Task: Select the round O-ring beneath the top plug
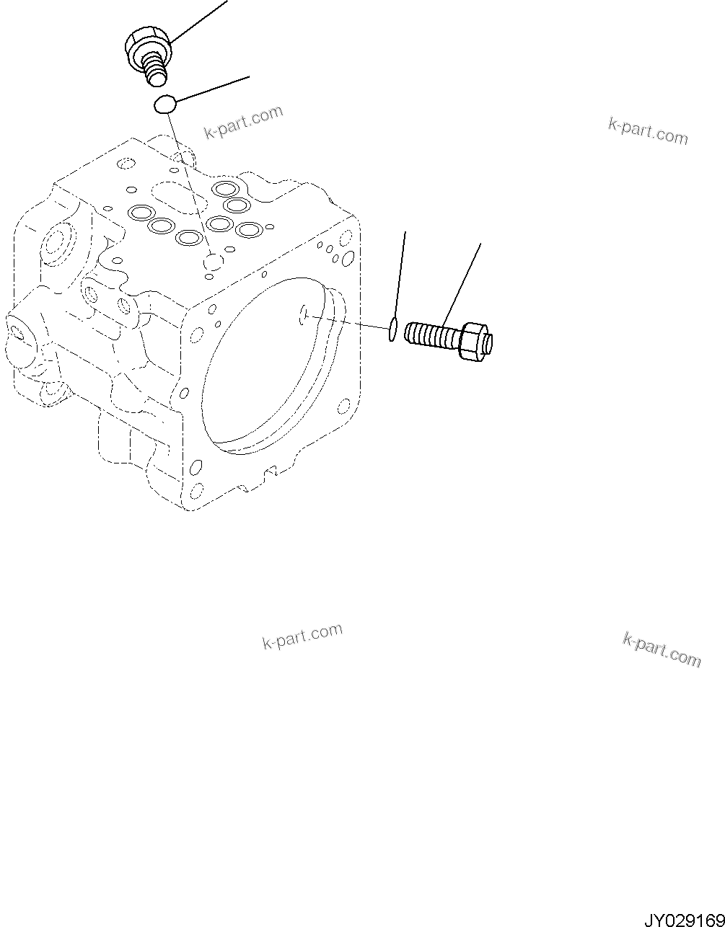point(165,105)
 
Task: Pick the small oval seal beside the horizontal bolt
point(392,329)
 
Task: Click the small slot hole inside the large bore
point(304,314)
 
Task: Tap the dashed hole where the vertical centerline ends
point(213,264)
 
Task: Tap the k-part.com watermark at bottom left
point(302,637)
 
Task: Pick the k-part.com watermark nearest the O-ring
point(244,123)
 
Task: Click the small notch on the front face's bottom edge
point(271,473)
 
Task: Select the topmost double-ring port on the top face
point(227,190)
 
